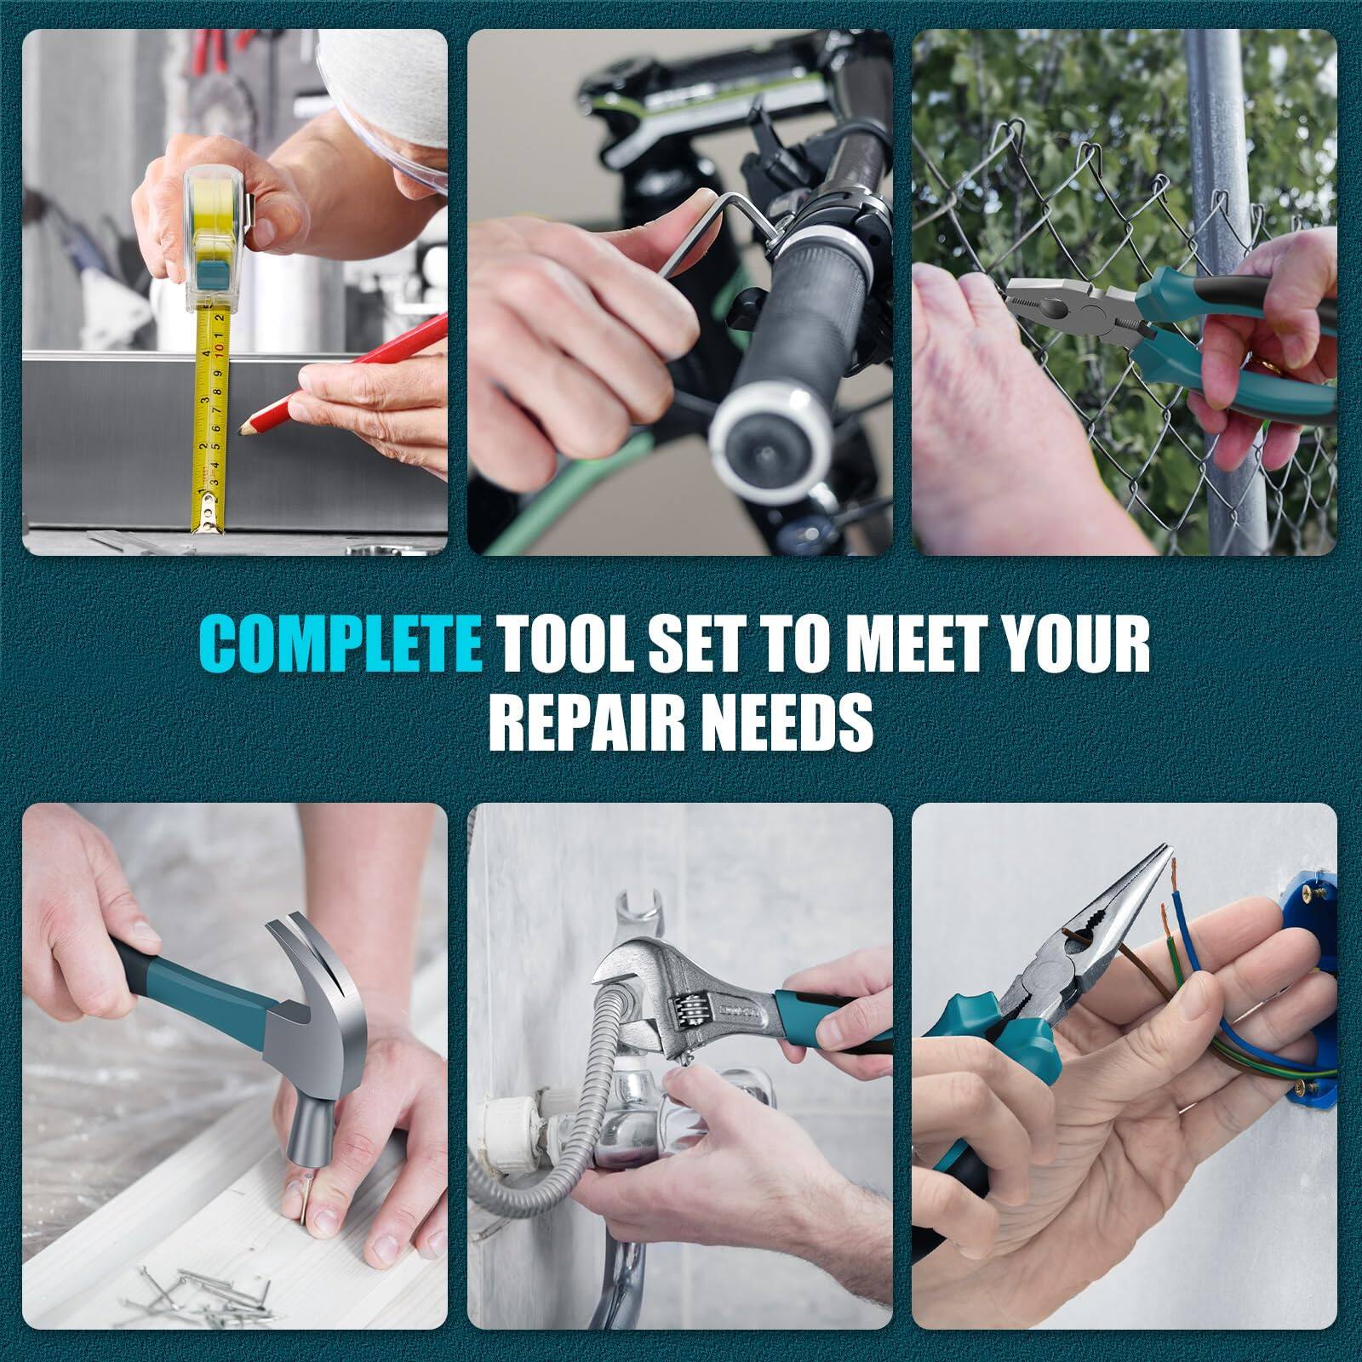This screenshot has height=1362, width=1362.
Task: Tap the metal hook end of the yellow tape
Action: coord(208,519)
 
